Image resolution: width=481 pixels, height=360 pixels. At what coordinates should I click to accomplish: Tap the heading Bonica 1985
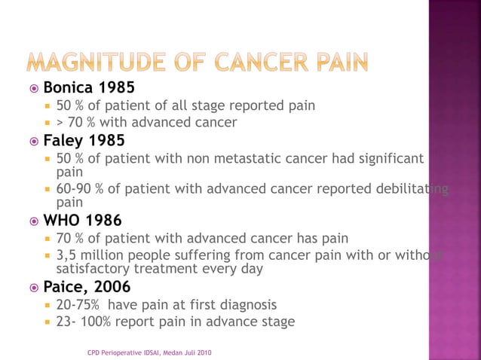(x=89, y=88)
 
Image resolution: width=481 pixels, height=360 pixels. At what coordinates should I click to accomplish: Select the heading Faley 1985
(x=84, y=140)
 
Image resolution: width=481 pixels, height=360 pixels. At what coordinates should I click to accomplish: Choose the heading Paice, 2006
(x=87, y=287)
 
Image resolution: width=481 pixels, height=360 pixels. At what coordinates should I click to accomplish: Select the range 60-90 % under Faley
(x=81, y=188)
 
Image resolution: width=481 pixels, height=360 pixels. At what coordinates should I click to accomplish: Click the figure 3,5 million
(x=89, y=255)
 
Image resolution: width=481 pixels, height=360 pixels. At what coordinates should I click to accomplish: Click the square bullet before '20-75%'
(x=47, y=306)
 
